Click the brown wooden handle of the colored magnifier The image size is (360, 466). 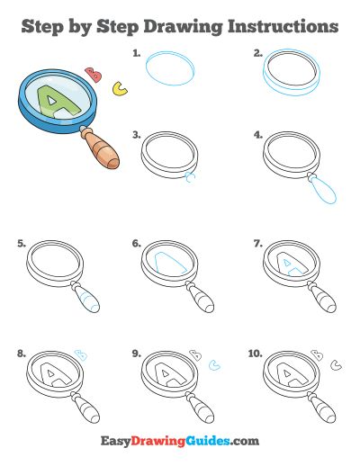(101, 150)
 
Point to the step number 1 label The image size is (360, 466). (137, 54)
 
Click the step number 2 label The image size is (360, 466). (258, 54)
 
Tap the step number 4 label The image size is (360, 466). (258, 136)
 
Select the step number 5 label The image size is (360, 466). (22, 243)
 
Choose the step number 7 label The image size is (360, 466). (258, 243)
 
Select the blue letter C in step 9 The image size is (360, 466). (214, 365)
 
